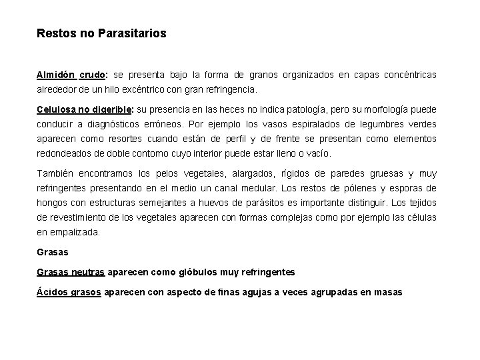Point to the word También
click(x=56, y=173)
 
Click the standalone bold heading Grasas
click(x=52, y=253)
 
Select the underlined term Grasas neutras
click(x=71, y=272)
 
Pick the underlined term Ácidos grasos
click(x=69, y=292)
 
